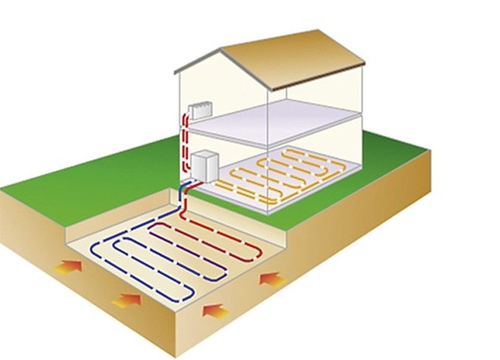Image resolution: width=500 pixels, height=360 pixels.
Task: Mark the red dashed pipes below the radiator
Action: click(x=185, y=138)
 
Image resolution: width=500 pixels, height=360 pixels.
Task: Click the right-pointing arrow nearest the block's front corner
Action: click(x=127, y=299)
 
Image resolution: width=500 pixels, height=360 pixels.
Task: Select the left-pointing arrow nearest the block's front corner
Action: click(x=214, y=312)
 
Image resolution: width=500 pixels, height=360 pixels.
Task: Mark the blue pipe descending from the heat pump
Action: click(x=186, y=198)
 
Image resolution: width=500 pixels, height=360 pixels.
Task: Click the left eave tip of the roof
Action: click(x=176, y=70)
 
